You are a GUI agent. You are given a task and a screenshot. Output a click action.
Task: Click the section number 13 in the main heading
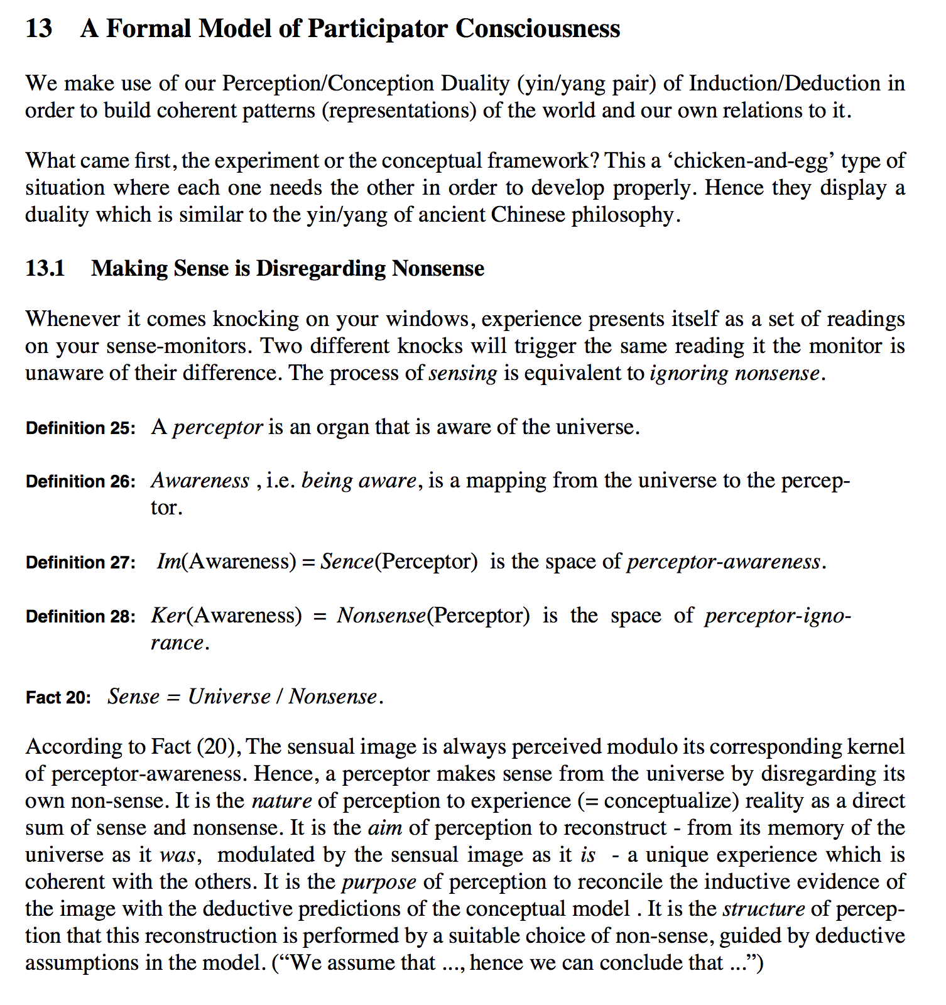(39, 29)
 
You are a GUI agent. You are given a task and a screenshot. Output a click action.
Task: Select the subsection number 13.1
(45, 268)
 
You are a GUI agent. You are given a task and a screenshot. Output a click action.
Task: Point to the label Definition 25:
(80, 428)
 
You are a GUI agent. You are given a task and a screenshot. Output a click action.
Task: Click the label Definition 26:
(80, 482)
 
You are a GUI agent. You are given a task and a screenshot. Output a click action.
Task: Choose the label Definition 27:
(80, 562)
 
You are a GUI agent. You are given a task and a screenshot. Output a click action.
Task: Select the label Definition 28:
(80, 616)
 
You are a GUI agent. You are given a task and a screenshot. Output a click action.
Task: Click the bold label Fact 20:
(58, 697)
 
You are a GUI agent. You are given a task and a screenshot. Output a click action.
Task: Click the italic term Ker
(168, 615)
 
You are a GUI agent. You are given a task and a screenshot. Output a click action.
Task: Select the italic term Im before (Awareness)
(168, 561)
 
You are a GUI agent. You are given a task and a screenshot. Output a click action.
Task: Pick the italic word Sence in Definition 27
(347, 561)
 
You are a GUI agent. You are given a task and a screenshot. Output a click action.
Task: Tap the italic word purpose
(379, 882)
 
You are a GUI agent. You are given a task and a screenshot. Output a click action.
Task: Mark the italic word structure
(763, 909)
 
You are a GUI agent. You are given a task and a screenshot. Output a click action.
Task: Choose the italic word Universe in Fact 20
(229, 697)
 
